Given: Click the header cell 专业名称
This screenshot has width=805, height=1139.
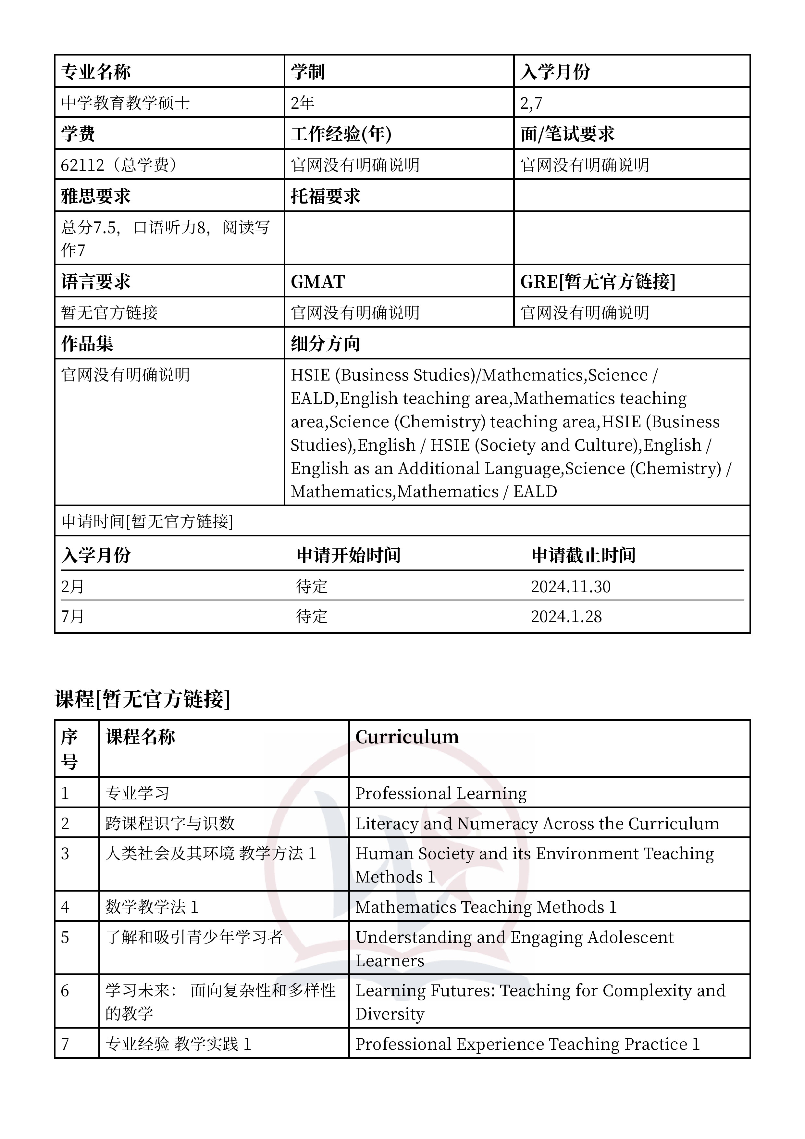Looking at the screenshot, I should point(96,72).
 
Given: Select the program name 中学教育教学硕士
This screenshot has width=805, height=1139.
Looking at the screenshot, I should point(126,103).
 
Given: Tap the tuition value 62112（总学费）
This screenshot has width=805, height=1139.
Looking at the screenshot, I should point(119,165).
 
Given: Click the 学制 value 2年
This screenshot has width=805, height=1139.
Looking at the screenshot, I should point(302,103).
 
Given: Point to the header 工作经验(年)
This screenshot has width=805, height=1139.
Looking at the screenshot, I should point(341,134).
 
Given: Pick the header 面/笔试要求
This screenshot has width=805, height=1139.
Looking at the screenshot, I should point(567,134).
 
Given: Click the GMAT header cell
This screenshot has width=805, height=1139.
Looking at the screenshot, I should point(317,282).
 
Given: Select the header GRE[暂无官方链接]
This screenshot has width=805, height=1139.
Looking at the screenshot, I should point(598,282).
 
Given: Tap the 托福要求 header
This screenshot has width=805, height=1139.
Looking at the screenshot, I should point(325,196).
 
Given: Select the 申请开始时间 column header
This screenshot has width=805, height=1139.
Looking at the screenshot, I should point(348,555).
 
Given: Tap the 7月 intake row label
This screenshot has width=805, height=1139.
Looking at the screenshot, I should point(72,617).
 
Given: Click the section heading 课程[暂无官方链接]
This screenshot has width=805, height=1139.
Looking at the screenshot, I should point(142,699).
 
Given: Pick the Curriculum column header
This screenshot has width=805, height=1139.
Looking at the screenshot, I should point(407,737).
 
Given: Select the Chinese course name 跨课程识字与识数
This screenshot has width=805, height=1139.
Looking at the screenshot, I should point(170,823).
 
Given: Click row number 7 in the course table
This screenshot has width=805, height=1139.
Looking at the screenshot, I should point(65,1044).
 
